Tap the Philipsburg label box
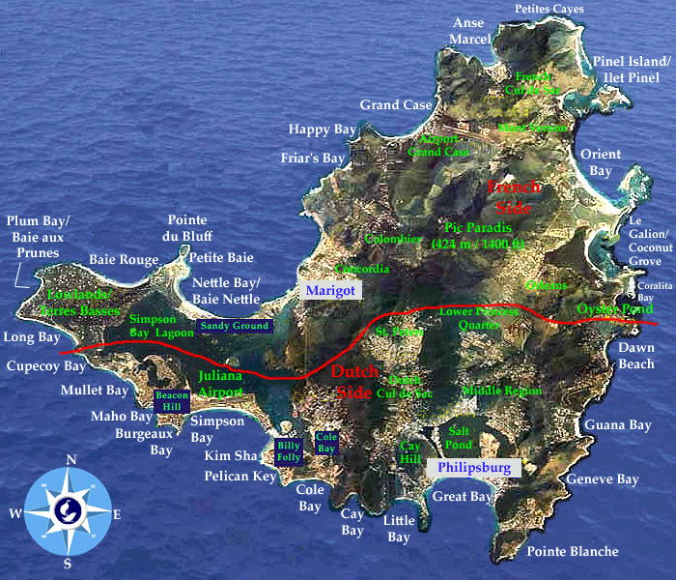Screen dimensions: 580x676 click(x=473, y=468)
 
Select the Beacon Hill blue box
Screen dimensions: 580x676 click(x=173, y=401)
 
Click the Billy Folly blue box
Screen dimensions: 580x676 click(x=289, y=450)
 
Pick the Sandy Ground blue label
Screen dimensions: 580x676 click(x=234, y=327)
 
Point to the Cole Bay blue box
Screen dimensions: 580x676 click(x=326, y=443)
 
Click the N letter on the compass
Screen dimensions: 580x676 click(x=70, y=460)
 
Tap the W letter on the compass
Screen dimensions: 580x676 click(x=16, y=514)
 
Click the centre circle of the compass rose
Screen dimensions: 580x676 click(x=69, y=513)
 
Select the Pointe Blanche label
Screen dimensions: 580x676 click(x=573, y=551)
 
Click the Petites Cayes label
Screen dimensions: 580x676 click(x=549, y=9)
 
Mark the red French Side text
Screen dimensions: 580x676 click(x=514, y=197)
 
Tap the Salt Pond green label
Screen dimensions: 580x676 click(x=459, y=437)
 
